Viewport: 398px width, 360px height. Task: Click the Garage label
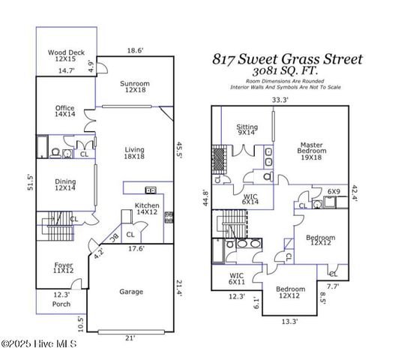(132, 291)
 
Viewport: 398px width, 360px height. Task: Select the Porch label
(61, 304)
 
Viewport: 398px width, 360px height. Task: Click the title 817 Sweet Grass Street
(287, 58)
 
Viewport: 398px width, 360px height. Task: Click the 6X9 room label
(334, 192)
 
